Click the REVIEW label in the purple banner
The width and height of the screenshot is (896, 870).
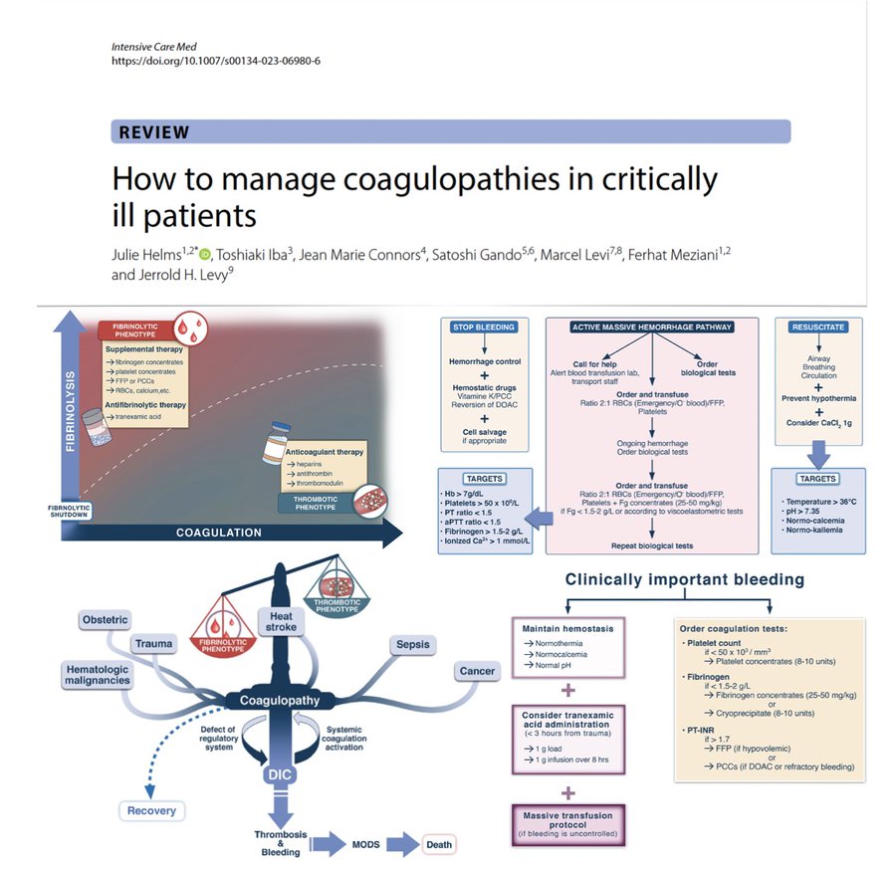[153, 132]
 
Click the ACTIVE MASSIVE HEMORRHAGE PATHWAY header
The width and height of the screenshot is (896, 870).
[652, 326]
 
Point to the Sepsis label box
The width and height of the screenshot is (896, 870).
[413, 644]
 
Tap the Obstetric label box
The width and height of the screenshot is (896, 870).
[105, 620]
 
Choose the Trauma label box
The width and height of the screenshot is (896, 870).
[153, 644]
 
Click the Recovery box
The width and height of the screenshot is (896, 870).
[152, 810]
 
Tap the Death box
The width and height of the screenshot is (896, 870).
[439, 845]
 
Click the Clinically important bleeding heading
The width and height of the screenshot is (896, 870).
[685, 579]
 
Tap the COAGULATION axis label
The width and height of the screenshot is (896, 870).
[219, 533]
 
